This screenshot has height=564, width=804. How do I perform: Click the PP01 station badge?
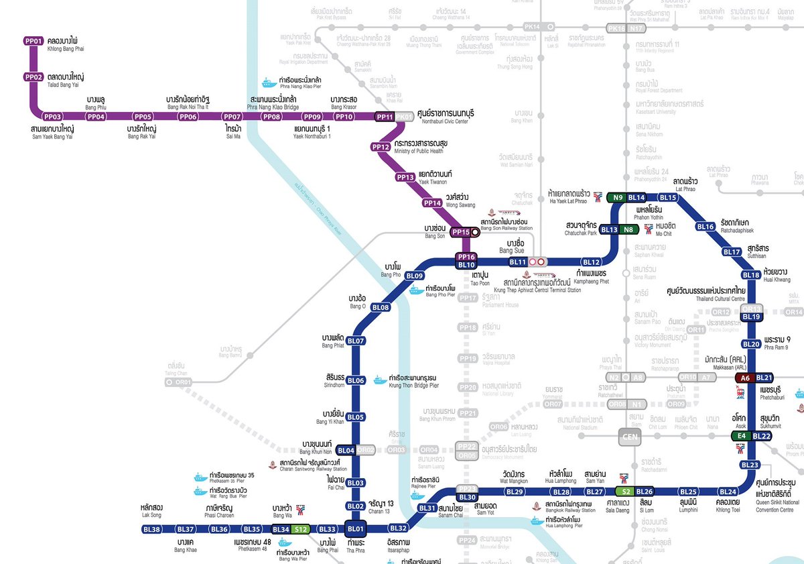[x=33, y=41]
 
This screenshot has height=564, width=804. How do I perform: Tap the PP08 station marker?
[x=271, y=117]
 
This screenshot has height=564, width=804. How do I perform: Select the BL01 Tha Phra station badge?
[x=356, y=529]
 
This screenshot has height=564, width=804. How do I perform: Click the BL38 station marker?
[x=153, y=529]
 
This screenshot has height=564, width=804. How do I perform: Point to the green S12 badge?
[x=301, y=529]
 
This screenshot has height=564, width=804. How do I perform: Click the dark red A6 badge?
[x=744, y=378]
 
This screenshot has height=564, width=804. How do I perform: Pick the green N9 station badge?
[x=617, y=197]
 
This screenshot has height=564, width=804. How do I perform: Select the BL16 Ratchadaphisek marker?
[x=706, y=227]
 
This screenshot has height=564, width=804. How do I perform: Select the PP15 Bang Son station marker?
[x=461, y=232]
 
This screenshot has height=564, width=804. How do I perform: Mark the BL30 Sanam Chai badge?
[x=467, y=497]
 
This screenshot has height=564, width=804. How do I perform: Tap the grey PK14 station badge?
[x=533, y=27]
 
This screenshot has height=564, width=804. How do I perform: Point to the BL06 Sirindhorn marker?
[x=356, y=380]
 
